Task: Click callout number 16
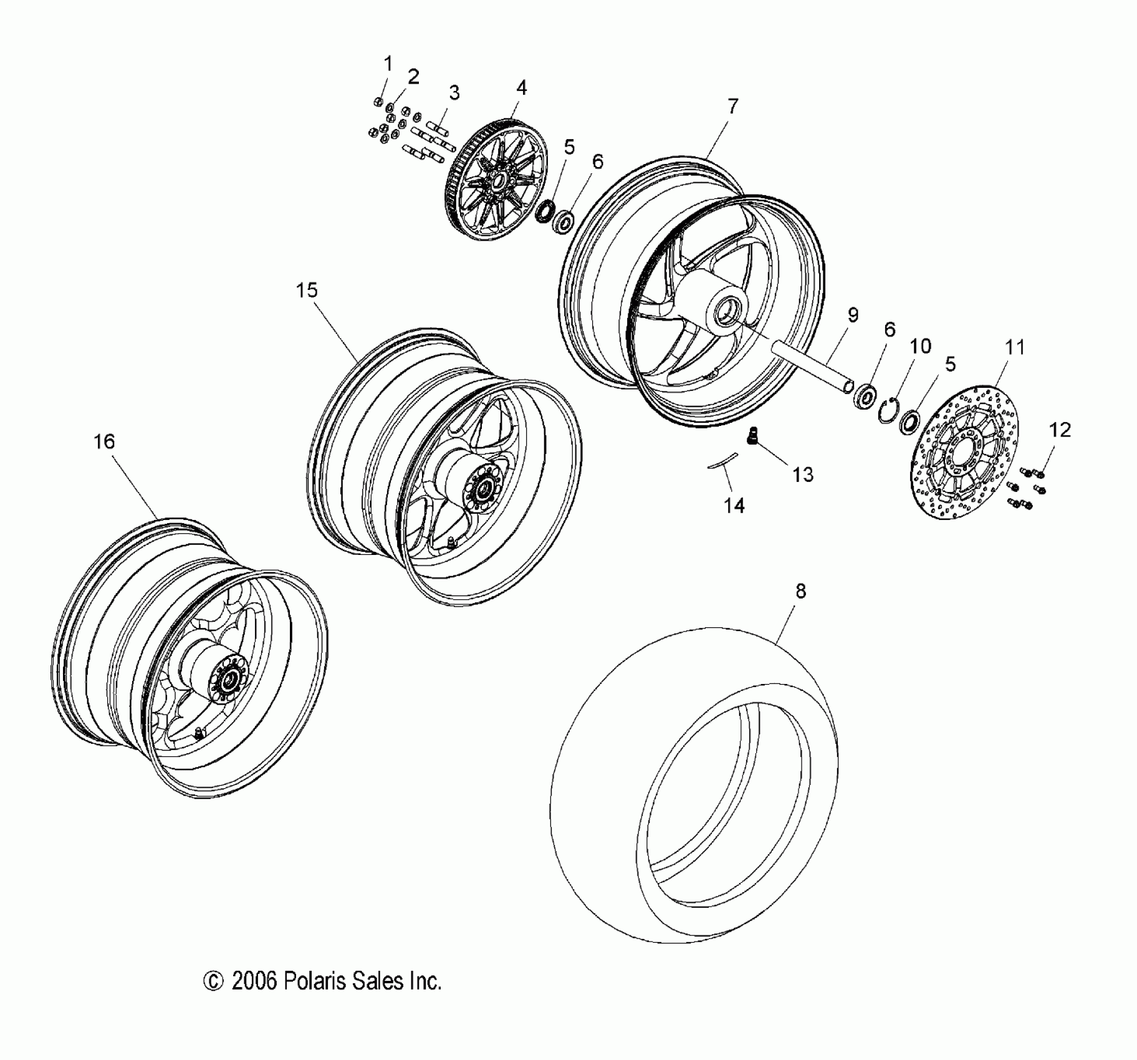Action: click(104, 442)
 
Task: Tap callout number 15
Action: click(307, 291)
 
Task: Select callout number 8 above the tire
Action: click(801, 591)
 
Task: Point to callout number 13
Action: click(803, 475)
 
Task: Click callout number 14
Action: click(734, 506)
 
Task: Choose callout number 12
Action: click(1060, 430)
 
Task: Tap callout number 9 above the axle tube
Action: click(853, 316)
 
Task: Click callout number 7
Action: click(732, 107)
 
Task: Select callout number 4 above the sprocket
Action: click(521, 88)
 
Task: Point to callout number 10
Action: click(921, 346)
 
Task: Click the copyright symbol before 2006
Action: click(213, 981)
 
